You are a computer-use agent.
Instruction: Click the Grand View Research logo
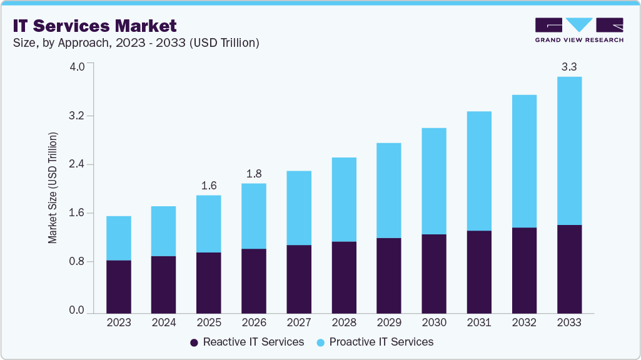click(x=579, y=29)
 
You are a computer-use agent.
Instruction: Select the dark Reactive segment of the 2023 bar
click(x=119, y=286)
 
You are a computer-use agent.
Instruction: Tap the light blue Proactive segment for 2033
click(x=569, y=151)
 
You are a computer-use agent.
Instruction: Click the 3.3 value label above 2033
click(x=569, y=66)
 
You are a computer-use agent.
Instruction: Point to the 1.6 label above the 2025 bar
click(x=209, y=185)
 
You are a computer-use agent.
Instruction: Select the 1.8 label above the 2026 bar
click(x=254, y=173)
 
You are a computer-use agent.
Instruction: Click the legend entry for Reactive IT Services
click(x=247, y=342)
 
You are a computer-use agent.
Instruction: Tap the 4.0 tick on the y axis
click(x=76, y=67)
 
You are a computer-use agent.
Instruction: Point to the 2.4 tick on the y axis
click(x=76, y=164)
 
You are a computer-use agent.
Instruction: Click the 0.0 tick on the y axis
click(x=76, y=310)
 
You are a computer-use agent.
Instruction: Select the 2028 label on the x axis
click(x=344, y=322)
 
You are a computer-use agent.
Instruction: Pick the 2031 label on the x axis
click(x=479, y=322)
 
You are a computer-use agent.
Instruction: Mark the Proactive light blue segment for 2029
click(x=389, y=191)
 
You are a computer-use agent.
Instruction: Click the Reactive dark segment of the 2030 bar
click(x=434, y=274)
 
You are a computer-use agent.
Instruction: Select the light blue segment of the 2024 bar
click(x=164, y=231)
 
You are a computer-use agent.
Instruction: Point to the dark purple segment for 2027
click(x=299, y=279)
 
